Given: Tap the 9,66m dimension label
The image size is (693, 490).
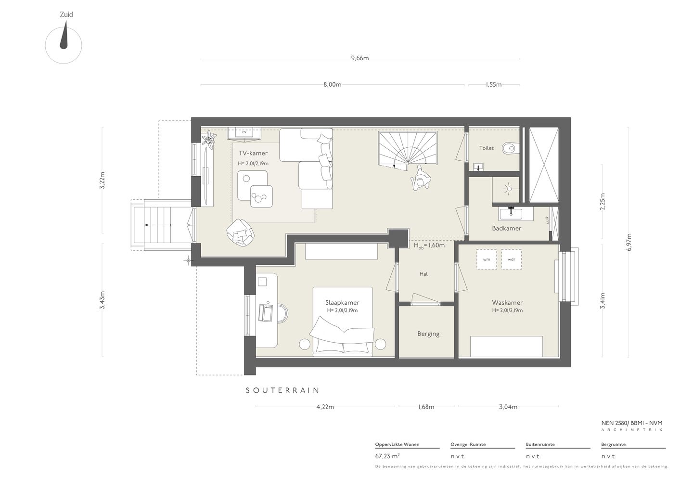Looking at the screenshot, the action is coord(360,58).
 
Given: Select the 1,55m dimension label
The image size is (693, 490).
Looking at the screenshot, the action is coord(493,84).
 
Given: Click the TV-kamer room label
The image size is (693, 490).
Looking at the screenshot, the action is coord(253,153).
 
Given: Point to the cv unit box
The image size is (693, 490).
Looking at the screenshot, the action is coord(244,133).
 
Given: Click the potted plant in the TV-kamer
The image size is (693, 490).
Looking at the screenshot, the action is coord(209,140).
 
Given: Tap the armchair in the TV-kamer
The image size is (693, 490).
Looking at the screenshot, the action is coord(241,232).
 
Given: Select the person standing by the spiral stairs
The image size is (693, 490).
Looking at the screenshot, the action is coord(420,179).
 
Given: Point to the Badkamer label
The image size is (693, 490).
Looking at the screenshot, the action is coord(506,228).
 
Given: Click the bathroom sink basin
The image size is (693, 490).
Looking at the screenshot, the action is coord(510,213).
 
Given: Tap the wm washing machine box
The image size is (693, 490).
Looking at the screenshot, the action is coord(487,259).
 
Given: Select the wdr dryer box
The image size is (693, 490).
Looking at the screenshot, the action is coord(512,259).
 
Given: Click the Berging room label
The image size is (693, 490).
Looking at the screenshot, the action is coord(428,334).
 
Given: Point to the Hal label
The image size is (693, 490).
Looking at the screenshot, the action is coord(423,274).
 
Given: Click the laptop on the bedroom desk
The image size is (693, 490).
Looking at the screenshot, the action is coord(266,313).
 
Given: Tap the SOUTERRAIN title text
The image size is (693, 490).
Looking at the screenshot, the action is coord(282,390).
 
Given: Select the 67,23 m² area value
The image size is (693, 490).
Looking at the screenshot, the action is coord(387,456).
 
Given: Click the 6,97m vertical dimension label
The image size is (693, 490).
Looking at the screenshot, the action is coord(629,242).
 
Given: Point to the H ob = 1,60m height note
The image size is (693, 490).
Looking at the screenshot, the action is coord(429,245).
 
